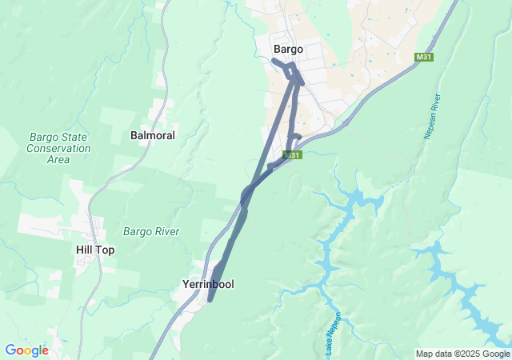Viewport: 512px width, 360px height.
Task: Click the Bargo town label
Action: (288, 50)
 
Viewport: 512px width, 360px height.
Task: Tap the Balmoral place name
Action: (153, 136)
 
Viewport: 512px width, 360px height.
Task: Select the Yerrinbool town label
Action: (207, 284)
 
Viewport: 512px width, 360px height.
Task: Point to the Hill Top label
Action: (95, 250)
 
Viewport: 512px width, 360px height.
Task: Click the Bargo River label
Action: (151, 232)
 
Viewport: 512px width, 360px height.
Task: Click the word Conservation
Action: (58, 148)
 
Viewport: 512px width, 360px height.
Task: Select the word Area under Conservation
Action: (58, 159)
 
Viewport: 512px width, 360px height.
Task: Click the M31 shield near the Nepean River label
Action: (424, 57)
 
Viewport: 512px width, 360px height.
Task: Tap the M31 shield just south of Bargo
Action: (293, 155)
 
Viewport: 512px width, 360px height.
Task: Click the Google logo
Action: (26, 350)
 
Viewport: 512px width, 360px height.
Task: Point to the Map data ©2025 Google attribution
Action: (462, 354)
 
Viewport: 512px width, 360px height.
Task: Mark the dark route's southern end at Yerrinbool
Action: (210, 300)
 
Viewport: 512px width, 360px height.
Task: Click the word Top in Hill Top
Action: (106, 250)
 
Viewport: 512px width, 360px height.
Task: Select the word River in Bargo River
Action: (166, 232)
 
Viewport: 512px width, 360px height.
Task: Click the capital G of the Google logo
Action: (10, 350)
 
